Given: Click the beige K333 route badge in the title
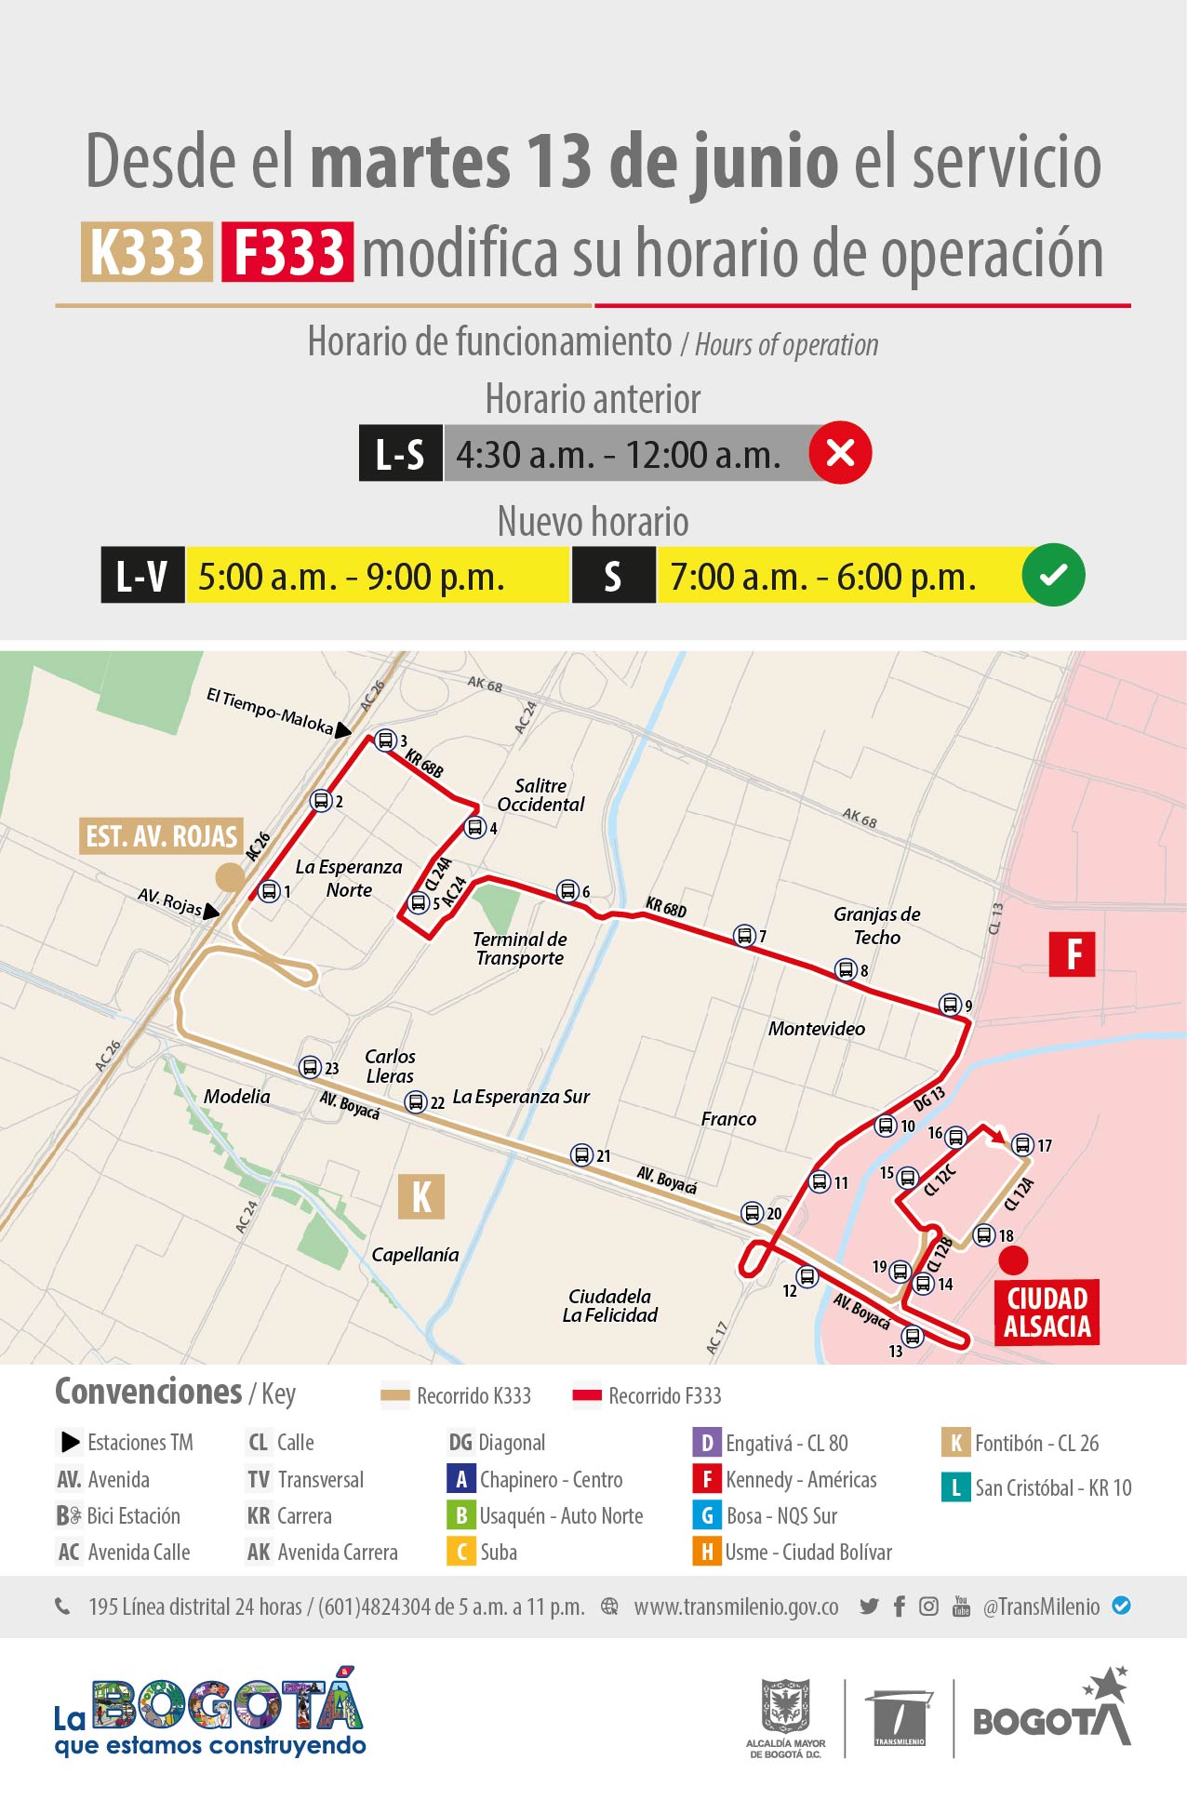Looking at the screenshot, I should (146, 252).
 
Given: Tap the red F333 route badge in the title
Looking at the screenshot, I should (287, 252).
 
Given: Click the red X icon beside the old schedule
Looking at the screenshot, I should (840, 453).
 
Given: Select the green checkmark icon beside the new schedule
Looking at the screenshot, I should (1053, 576).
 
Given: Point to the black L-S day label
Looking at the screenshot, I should (400, 454).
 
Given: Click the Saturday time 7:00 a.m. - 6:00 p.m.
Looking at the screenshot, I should (822, 577).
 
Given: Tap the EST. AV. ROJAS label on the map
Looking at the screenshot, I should (162, 836).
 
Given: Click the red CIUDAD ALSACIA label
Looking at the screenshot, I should (1047, 1313).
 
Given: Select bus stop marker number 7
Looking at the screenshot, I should (744, 936).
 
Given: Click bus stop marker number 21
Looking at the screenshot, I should (581, 1155).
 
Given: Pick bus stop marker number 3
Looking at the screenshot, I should (385, 741).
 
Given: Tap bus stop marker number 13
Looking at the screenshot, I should (913, 1337).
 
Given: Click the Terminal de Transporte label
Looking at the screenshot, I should (520, 949).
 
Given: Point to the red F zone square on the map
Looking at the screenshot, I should (1072, 954).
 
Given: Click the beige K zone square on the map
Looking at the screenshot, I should (421, 1196).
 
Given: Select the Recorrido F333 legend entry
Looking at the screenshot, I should (647, 1395).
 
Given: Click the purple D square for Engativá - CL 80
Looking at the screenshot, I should (706, 1443).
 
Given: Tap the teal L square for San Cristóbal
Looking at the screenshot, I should (955, 1487).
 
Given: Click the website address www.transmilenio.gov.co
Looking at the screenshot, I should (736, 1606).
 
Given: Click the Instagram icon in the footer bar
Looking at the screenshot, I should (928, 1606).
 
